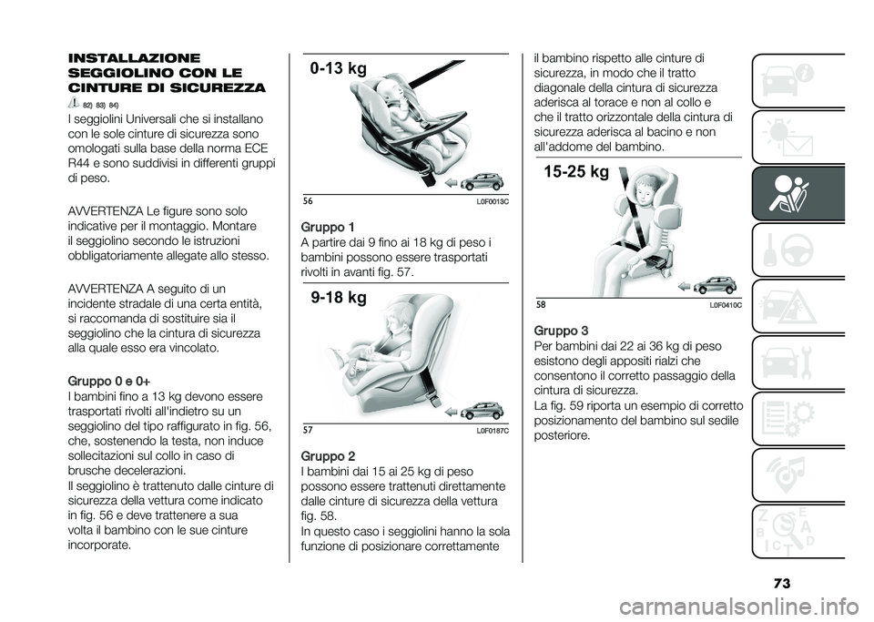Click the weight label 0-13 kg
point(339,69)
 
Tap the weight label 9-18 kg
point(339,298)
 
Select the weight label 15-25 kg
point(576,172)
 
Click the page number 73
point(781,584)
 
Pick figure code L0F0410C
point(726,306)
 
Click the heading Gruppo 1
point(328,228)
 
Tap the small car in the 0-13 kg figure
point(483,182)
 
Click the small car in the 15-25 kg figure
point(716,285)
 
